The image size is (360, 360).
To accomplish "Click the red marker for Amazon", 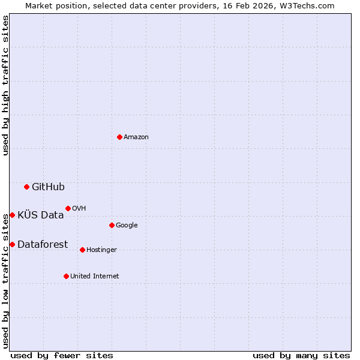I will coord(119,137).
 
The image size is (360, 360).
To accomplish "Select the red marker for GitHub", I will coord(26,187).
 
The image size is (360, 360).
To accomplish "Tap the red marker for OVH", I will coord(68,208).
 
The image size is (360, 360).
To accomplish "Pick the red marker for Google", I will coord(112,225).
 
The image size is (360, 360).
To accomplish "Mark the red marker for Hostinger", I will coord(82,250).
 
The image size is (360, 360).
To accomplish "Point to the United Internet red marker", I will coord(66,276).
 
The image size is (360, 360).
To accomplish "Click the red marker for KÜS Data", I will coord(12,215).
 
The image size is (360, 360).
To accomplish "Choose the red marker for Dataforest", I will coord(12,244).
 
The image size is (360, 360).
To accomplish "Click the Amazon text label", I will coord(136,137).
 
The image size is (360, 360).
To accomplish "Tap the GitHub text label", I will coord(48,187).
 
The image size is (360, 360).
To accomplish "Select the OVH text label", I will coord(79,209).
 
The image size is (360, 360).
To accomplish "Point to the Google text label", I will coord(127,226).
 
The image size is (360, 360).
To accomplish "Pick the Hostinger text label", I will coord(101,250).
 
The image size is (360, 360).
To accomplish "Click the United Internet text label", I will coord(94,277).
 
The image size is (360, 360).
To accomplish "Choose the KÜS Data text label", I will coord(40,215).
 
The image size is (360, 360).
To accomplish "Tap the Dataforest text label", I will coord(43,244).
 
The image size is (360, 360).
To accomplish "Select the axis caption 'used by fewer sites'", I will coord(62,355).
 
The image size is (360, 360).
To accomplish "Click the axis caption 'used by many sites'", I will coord(301,355).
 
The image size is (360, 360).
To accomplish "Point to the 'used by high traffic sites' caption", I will coord(5,85).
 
